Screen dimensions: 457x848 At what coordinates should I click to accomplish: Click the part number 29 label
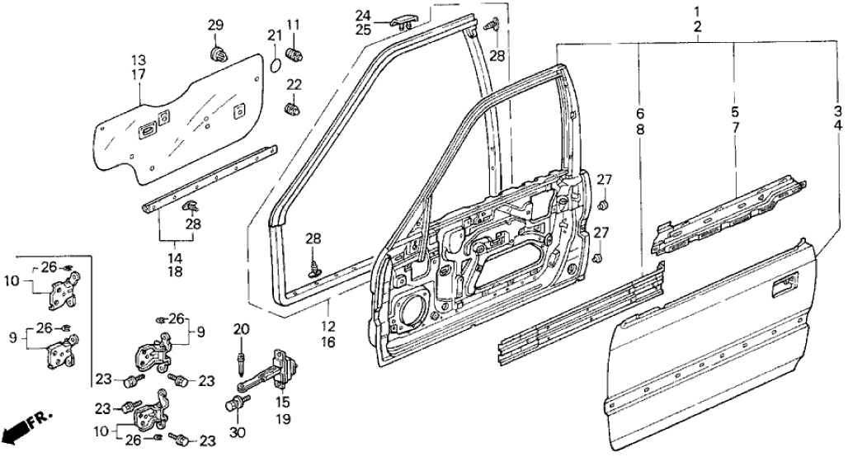pos(215,26)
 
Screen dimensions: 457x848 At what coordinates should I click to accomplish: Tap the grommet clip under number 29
pos(218,54)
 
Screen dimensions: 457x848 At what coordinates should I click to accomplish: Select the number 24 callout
pos(364,14)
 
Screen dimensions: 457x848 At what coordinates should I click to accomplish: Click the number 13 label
pos(138,60)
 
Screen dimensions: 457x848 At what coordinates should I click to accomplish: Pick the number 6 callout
pos(640,113)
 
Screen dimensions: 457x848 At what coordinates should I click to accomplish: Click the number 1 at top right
pos(697,12)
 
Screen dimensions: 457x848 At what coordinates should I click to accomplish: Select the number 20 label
pos(241,329)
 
